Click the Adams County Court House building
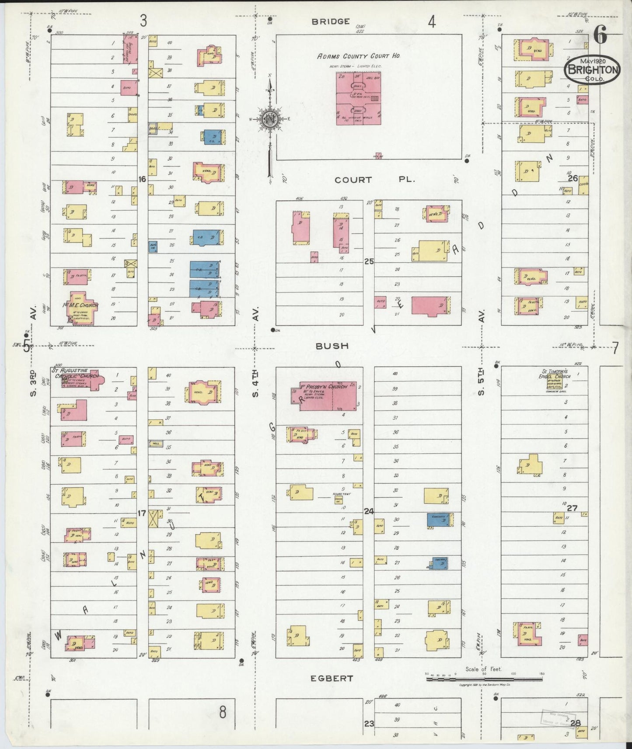358,98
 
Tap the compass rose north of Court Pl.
271,118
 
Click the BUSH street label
332,346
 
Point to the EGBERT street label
332,679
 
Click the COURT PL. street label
375,180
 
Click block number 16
142,179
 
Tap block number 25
369,261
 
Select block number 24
369,511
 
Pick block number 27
573,508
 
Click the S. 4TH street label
255,384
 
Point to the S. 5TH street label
482,384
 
